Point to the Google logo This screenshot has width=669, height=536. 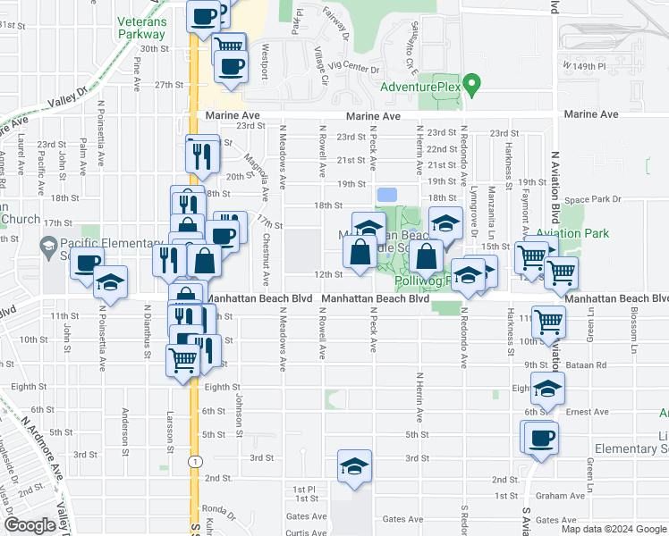click(x=30, y=525)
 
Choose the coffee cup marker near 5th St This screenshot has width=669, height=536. click(x=540, y=439)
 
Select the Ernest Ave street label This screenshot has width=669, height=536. click(x=588, y=411)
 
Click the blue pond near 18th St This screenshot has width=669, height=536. click(x=387, y=195)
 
